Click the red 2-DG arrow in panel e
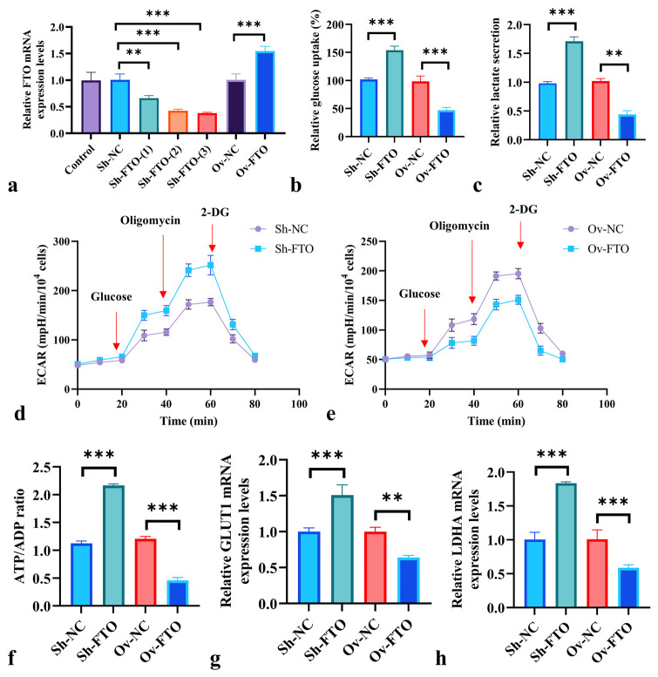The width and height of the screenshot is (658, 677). point(520,234)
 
